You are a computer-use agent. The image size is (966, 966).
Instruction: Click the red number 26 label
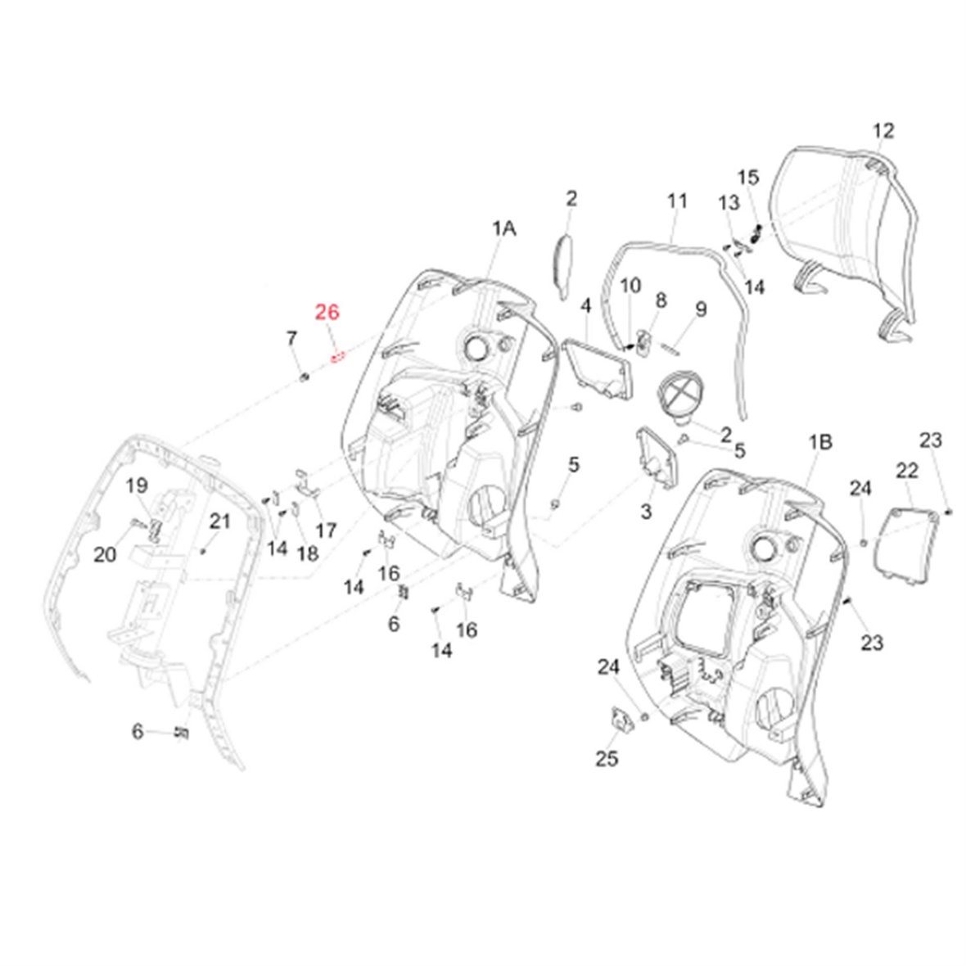327,312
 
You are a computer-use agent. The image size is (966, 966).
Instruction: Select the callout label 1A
503,230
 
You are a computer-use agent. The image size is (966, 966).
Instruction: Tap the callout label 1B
820,442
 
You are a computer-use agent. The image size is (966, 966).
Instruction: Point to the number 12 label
883,130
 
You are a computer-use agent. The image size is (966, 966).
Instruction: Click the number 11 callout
676,200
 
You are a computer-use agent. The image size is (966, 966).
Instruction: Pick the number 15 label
748,178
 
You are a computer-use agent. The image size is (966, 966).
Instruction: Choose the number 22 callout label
907,470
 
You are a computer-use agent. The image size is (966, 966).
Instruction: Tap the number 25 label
607,759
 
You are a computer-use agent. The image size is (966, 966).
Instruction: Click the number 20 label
105,555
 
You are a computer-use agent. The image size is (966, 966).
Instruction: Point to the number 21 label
219,521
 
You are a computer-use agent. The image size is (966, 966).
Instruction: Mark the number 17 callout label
326,530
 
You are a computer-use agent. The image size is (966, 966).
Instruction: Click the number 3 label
646,512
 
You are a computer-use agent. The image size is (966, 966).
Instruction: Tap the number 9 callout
700,309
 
